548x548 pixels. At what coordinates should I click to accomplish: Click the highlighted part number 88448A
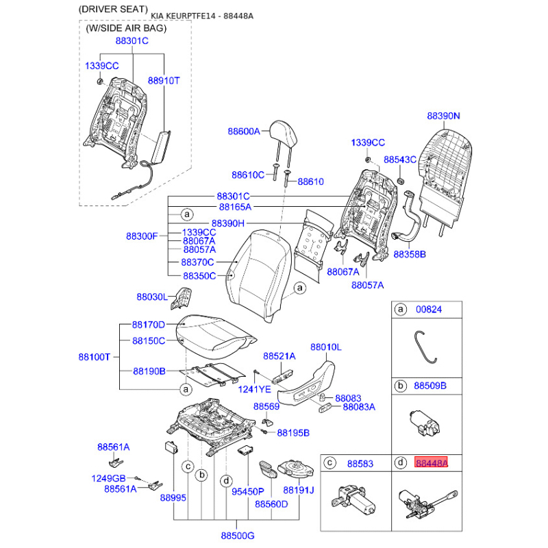(x=431, y=463)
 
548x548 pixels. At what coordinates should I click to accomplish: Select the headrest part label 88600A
(x=244, y=132)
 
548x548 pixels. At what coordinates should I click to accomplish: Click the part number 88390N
(x=443, y=116)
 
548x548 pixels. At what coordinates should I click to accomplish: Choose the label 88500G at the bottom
(x=238, y=536)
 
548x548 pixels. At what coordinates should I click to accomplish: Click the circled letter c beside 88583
(x=329, y=463)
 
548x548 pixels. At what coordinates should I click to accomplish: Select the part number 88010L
(x=326, y=347)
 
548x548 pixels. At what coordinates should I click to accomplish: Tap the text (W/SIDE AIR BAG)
(x=126, y=28)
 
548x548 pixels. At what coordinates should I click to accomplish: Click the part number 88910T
(x=164, y=81)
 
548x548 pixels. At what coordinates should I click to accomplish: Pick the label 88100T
(x=95, y=357)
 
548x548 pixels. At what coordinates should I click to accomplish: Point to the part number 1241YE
(x=254, y=389)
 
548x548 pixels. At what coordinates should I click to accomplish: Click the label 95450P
(x=248, y=491)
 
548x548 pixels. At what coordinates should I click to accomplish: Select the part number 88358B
(x=410, y=254)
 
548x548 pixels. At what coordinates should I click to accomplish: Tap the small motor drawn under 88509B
(x=424, y=423)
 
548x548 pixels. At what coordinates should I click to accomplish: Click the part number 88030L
(x=152, y=297)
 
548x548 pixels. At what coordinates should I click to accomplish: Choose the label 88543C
(x=400, y=160)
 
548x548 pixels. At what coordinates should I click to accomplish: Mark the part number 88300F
(x=142, y=236)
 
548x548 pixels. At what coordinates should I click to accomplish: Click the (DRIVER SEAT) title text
(x=113, y=9)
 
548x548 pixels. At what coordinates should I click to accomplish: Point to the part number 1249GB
(x=108, y=478)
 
